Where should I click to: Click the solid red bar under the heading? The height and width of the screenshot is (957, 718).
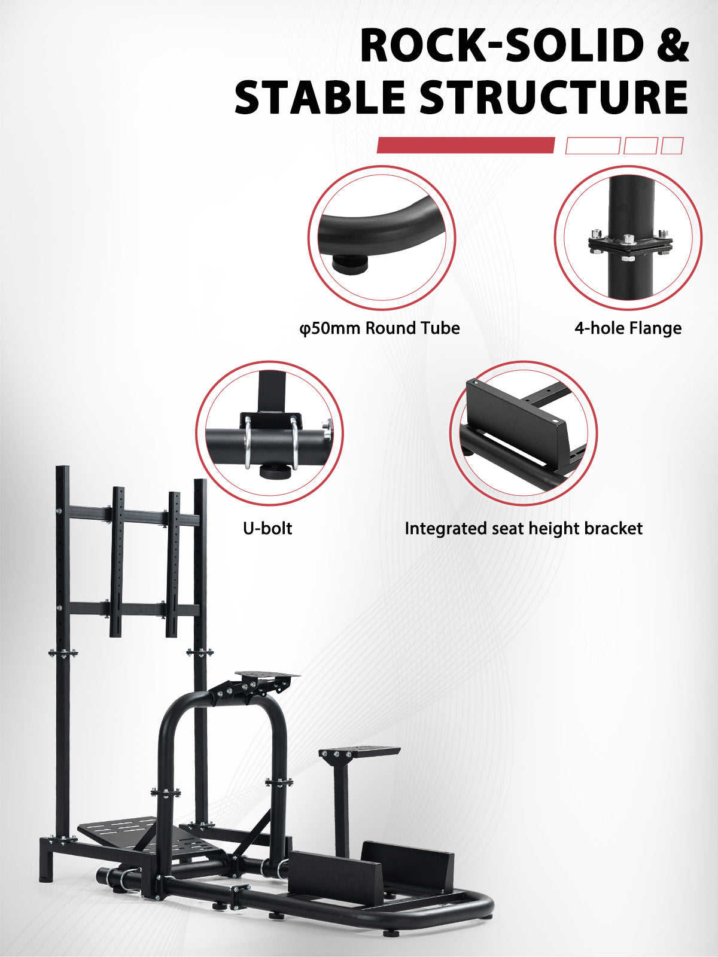[x=466, y=145]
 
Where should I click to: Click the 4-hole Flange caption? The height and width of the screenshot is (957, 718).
[x=628, y=328]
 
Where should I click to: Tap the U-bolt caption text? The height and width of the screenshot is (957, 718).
[x=267, y=528]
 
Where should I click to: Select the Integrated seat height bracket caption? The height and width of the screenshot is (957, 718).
[x=524, y=528]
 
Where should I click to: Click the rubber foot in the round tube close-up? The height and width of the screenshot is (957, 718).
[x=350, y=263]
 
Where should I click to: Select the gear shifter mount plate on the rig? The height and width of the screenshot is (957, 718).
[x=359, y=751]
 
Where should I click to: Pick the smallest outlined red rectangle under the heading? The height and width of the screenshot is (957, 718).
[x=672, y=145]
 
